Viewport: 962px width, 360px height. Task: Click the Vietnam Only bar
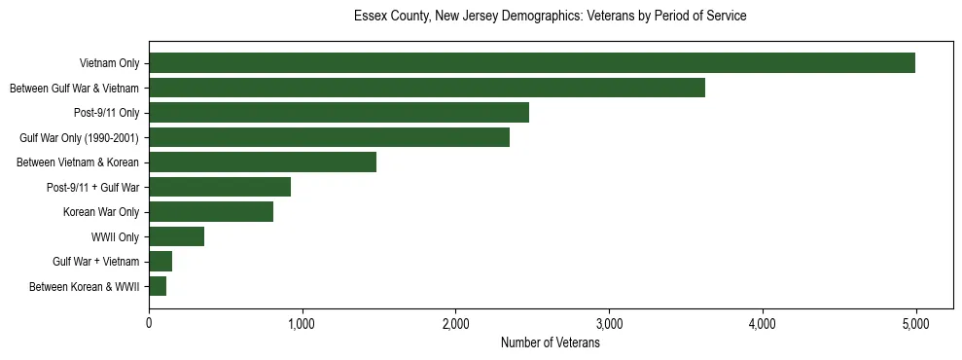point(532,63)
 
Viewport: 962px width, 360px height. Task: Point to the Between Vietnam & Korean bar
point(263,162)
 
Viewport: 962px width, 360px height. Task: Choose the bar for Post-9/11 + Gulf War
point(220,187)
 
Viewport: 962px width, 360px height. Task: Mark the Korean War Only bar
point(211,212)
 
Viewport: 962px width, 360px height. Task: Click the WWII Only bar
point(176,236)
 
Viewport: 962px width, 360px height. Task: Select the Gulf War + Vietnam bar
point(160,262)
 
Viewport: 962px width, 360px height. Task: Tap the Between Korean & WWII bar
point(158,286)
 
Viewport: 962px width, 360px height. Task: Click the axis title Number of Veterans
point(550,343)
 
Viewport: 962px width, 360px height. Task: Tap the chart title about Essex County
point(550,17)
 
